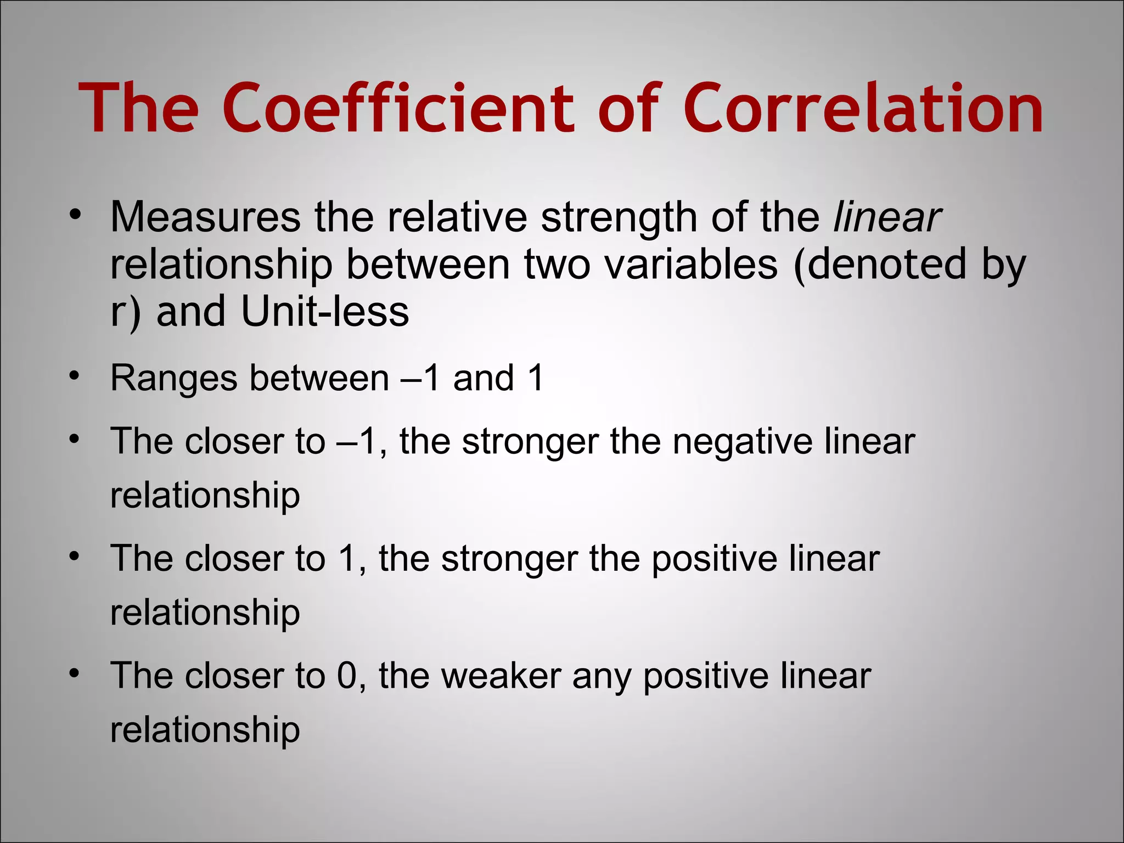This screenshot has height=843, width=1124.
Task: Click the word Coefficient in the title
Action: pyautogui.click(x=399, y=108)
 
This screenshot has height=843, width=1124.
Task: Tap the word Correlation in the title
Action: pyautogui.click(x=863, y=108)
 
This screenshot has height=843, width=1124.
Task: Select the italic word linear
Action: pyautogui.click(x=887, y=217)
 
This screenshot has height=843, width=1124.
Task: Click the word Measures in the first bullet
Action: pyautogui.click(x=205, y=217)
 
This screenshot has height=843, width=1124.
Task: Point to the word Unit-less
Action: pyautogui.click(x=325, y=312)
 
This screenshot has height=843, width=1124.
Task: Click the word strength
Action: pyautogui.click(x=619, y=217)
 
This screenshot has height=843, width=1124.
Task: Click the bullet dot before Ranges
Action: pyautogui.click(x=75, y=376)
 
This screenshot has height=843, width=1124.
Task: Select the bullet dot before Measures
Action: pyautogui.click(x=75, y=214)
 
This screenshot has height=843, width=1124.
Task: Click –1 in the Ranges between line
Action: pyautogui.click(x=420, y=378)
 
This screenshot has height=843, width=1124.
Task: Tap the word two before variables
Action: pyautogui.click(x=557, y=265)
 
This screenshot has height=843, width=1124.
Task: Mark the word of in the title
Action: pyautogui.click(x=627, y=108)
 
